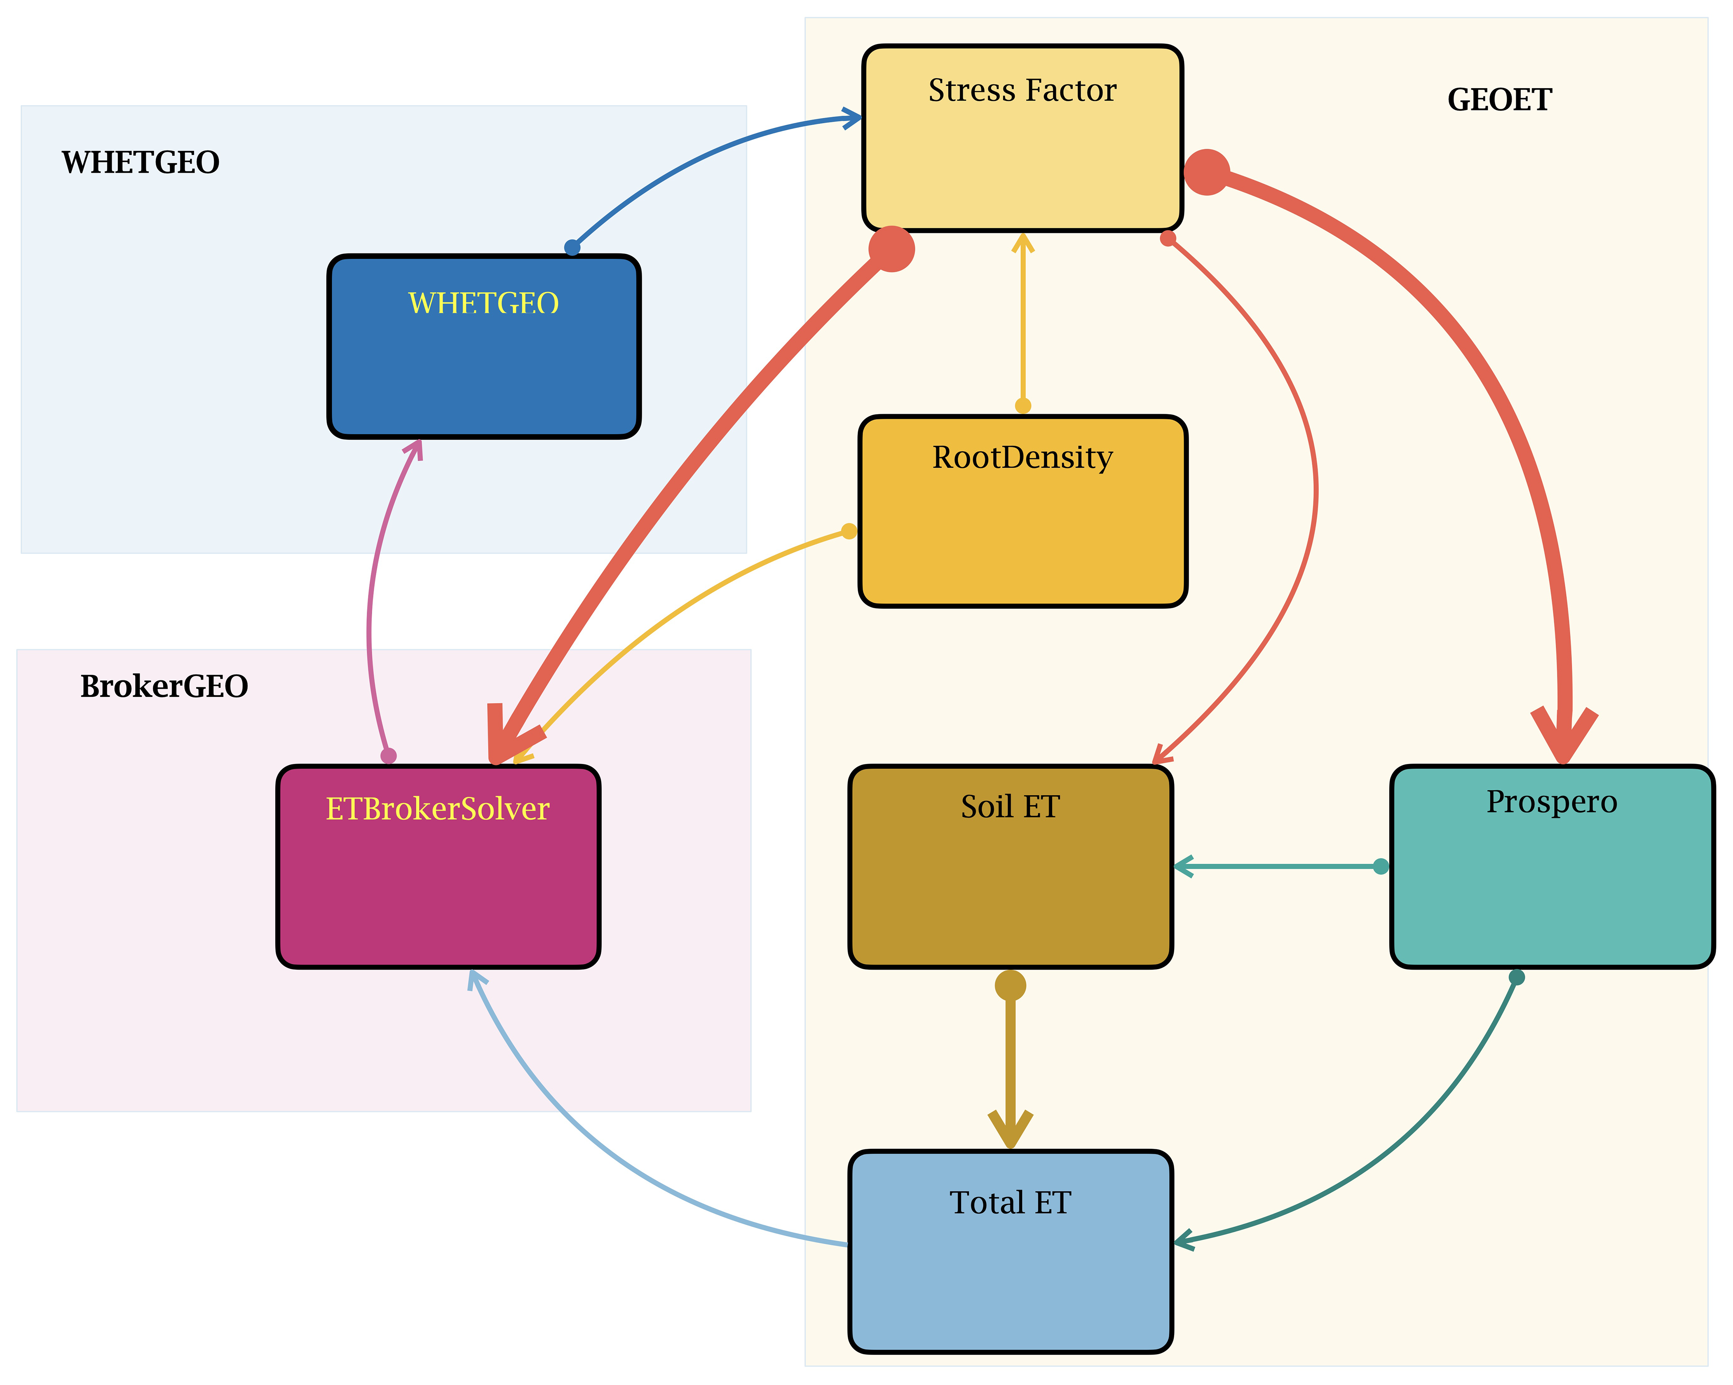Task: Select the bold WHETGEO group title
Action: tap(141, 162)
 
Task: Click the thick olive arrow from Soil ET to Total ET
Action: tap(1011, 1061)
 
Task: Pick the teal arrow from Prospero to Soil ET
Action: tap(1278, 867)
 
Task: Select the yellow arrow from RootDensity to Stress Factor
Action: tap(1022, 321)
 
